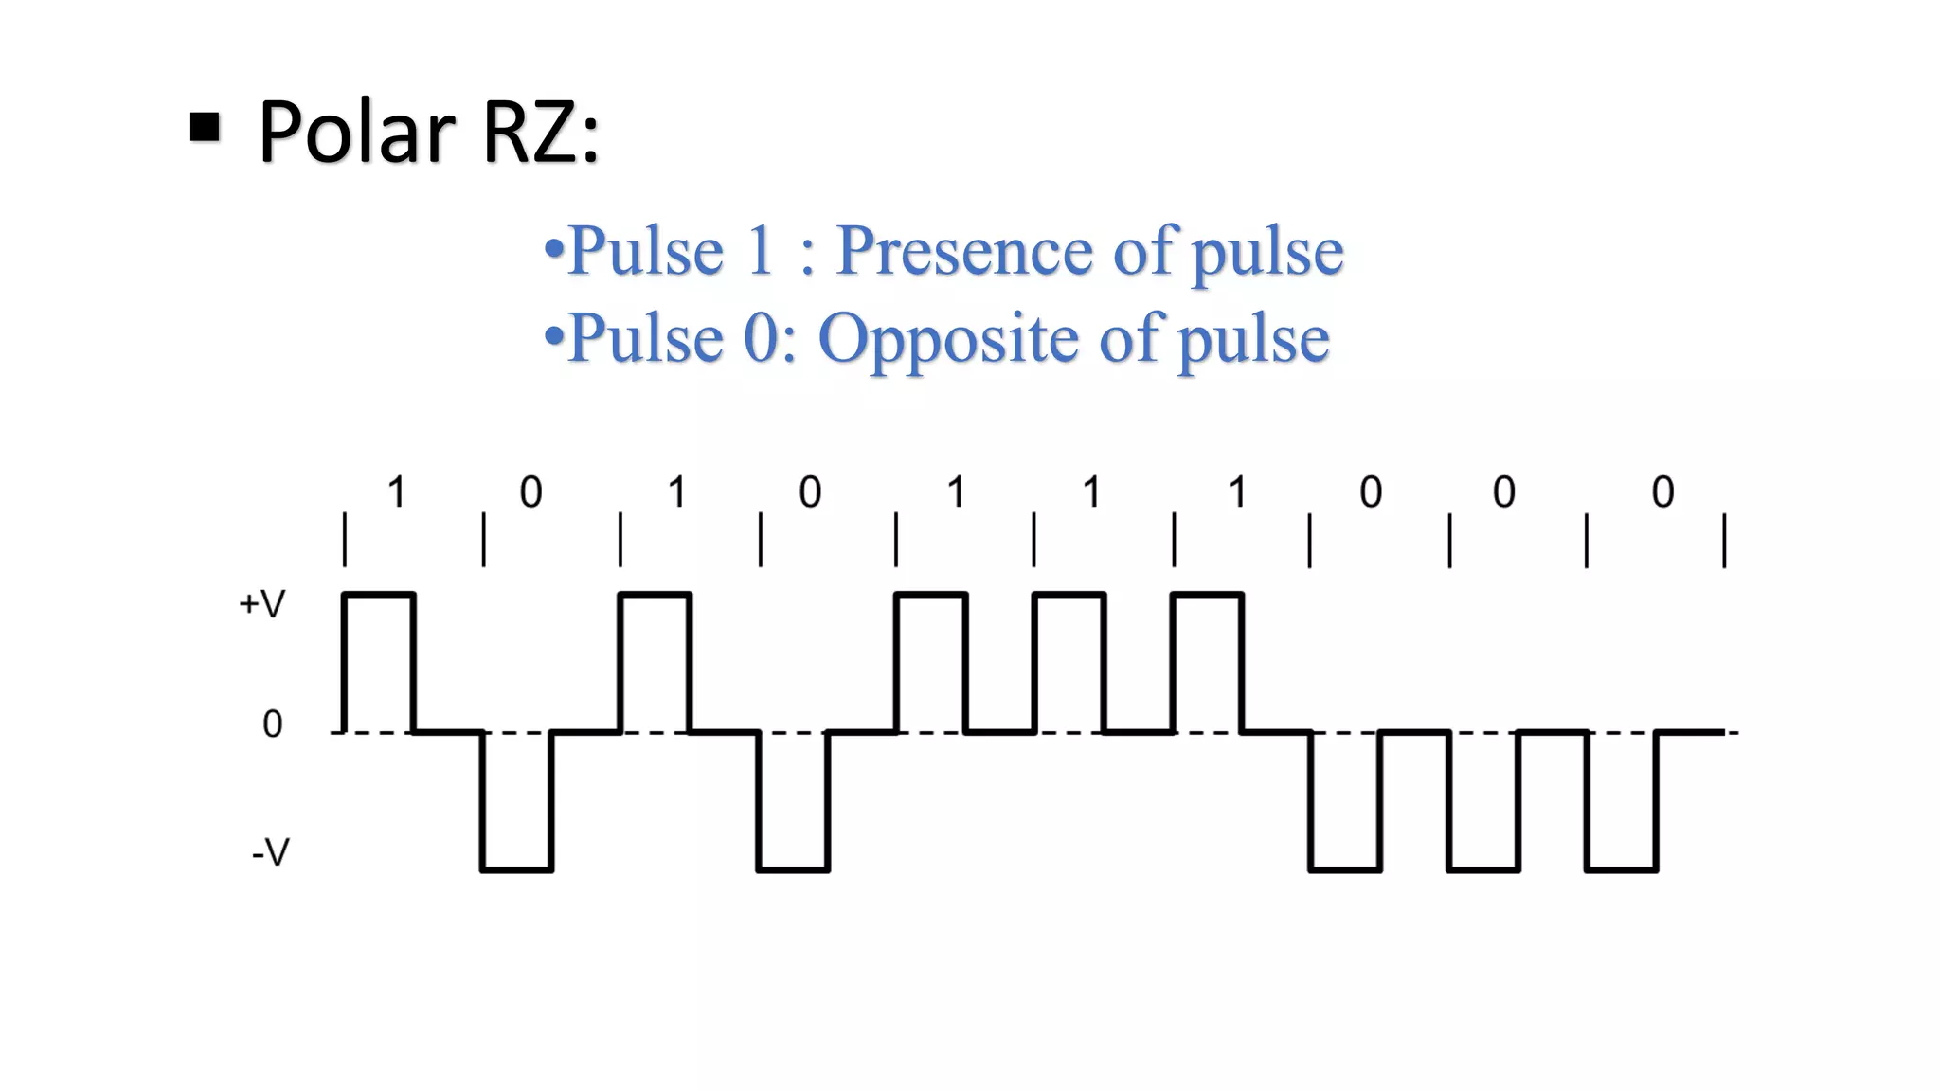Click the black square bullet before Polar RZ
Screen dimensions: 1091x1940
(205, 127)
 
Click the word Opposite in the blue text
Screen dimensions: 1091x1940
(947, 338)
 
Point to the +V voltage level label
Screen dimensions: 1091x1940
(261, 604)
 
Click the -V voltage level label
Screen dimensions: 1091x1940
(270, 853)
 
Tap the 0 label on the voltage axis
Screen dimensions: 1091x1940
(272, 724)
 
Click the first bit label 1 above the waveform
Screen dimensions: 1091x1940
(397, 492)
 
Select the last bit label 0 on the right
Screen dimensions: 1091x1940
(1662, 492)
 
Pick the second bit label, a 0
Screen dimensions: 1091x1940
(530, 492)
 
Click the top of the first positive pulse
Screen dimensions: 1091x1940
(379, 595)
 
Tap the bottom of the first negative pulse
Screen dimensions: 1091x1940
(517, 868)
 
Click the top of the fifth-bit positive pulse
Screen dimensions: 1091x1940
(931, 595)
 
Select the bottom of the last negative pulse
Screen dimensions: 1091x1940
(1622, 868)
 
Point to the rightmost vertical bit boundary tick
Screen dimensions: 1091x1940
(1724, 541)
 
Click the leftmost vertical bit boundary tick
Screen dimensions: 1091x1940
(345, 541)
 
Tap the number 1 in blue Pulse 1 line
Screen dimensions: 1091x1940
(760, 251)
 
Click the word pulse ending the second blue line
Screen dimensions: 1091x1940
(1252, 339)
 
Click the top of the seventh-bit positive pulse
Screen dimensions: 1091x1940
(1208, 595)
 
